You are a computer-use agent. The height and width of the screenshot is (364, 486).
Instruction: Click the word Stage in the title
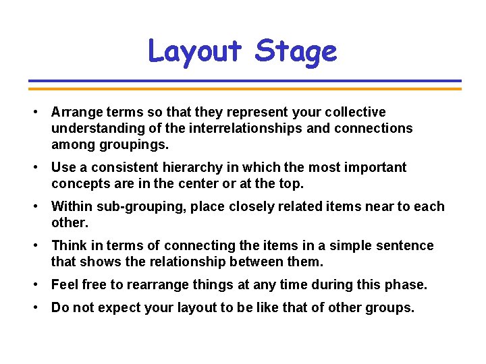pyautogui.click(x=296, y=51)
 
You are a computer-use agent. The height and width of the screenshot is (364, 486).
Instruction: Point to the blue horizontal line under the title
pyautogui.click(x=244, y=81)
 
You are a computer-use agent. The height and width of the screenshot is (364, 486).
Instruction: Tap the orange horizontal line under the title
pyautogui.click(x=244, y=88)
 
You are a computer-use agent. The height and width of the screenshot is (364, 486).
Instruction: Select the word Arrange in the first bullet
pyautogui.click(x=76, y=112)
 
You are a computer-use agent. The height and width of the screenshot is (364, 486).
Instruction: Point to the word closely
pyautogui.click(x=254, y=206)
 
